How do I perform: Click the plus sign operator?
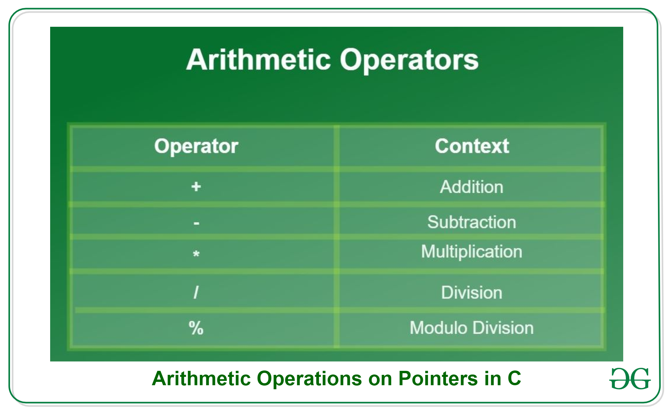[196, 186]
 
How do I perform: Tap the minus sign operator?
[197, 223]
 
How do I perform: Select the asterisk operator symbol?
[196, 254]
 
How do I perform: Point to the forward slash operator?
[196, 292]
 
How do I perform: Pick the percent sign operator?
[196, 328]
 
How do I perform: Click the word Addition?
[471, 187]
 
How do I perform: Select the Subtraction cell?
[472, 222]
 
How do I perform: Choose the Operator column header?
[196, 146]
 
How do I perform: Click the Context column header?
[472, 146]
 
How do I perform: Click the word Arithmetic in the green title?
[258, 60]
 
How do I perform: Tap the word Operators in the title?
[409, 60]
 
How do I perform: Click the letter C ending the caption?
[514, 379]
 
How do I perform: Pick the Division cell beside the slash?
[472, 293]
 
